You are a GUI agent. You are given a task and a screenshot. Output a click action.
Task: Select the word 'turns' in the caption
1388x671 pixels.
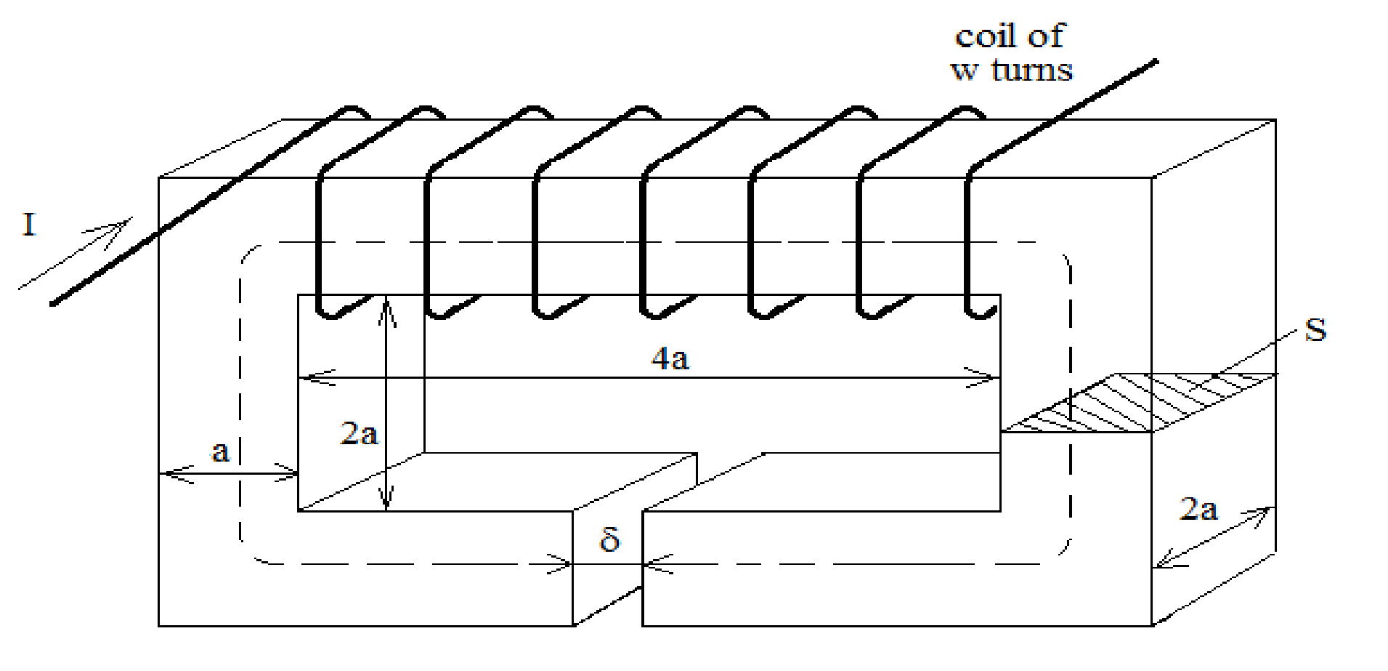coord(1031,70)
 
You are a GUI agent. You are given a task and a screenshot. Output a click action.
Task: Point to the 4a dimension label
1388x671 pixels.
coord(669,358)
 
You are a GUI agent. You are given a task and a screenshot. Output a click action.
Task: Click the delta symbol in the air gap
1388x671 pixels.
coord(609,540)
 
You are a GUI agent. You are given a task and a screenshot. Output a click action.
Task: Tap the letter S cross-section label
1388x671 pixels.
coord(1315,330)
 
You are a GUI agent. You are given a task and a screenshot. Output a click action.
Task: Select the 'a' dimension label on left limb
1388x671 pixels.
coord(220,452)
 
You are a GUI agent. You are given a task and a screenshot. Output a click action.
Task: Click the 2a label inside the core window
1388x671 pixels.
coord(359,434)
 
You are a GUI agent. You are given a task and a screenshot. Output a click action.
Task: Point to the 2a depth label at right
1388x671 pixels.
coord(1198,509)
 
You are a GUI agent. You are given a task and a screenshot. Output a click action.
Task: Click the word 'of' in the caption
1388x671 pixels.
coord(1046,36)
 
